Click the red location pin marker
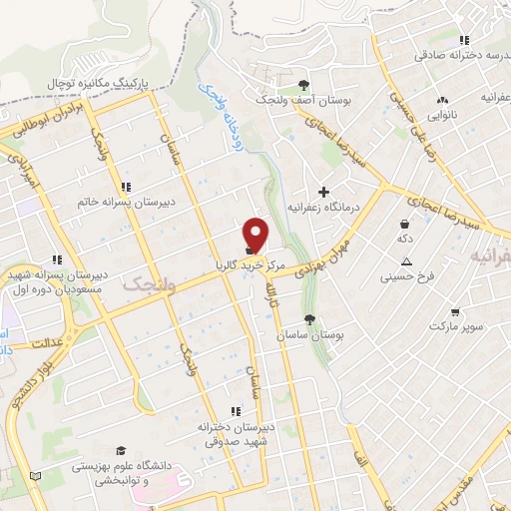click(x=256, y=235)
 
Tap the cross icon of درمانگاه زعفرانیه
click(x=323, y=191)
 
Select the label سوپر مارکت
click(x=456, y=327)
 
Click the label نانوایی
click(x=443, y=117)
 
